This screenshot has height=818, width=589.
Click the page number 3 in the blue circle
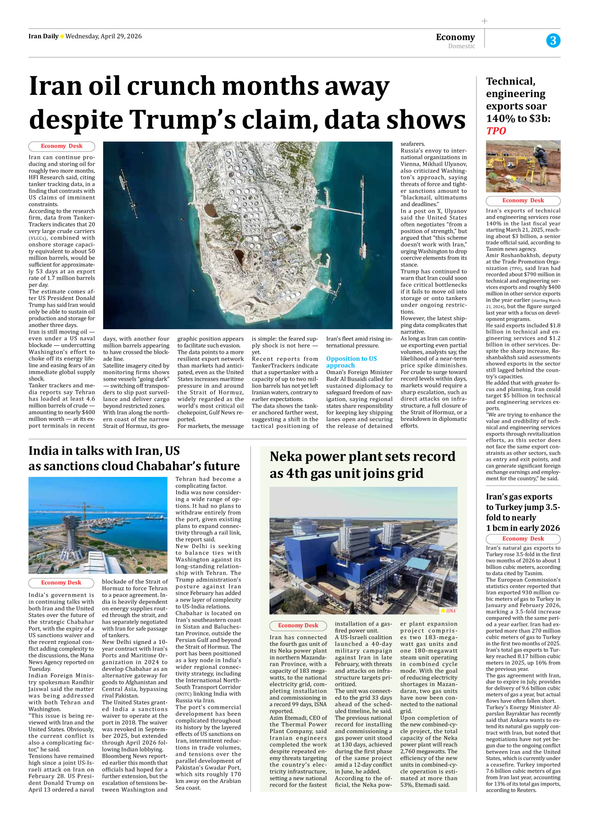tap(553, 41)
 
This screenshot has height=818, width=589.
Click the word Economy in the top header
tap(455, 37)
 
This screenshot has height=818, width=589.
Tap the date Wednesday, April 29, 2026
tap(104, 36)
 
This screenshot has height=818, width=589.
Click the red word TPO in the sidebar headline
tap(496, 131)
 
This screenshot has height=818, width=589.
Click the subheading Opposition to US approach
tap(352, 362)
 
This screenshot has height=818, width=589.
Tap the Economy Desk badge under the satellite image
tap(62, 146)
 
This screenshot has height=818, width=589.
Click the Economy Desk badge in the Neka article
tap(298, 626)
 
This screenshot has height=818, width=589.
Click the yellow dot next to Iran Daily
tap(62, 37)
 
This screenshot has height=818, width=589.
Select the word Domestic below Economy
tap(461, 46)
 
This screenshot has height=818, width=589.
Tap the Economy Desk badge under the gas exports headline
tap(523, 539)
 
